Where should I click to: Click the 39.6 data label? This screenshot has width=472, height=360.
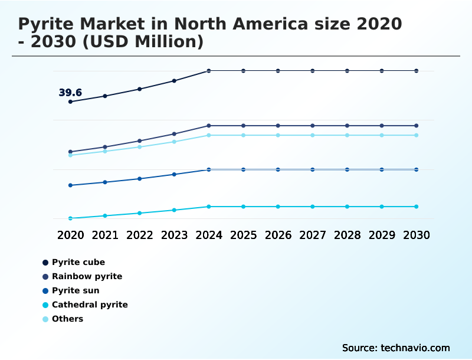pyautogui.click(x=70, y=93)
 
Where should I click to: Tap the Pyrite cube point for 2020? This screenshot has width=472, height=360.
pyautogui.click(x=70, y=102)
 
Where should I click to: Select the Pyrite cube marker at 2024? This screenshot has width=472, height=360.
pyautogui.click(x=209, y=71)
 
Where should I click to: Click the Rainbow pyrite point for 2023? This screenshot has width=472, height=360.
pyautogui.click(x=174, y=134)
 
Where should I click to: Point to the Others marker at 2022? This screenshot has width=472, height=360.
pyautogui.click(x=140, y=147)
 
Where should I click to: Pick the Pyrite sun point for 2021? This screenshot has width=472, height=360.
pyautogui.click(x=105, y=182)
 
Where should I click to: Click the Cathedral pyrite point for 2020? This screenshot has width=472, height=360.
pyautogui.click(x=70, y=218)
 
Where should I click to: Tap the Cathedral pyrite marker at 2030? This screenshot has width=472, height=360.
pyautogui.click(x=416, y=207)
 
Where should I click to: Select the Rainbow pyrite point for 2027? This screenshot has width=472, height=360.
pyautogui.click(x=313, y=126)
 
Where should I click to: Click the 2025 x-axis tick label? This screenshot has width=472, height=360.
pyautogui.click(x=243, y=235)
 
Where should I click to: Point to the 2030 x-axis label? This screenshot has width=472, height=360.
pyautogui.click(x=416, y=235)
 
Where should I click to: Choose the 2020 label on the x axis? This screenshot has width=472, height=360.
pyautogui.click(x=70, y=235)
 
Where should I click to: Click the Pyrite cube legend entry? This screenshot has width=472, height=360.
pyautogui.click(x=78, y=262)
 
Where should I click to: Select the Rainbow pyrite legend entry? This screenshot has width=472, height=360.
pyautogui.click(x=87, y=276)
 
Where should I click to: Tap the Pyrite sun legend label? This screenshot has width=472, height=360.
pyautogui.click(x=75, y=290)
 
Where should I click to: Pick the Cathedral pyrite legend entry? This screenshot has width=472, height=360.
pyautogui.click(x=89, y=305)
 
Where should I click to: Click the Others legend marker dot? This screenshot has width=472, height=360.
pyautogui.click(x=45, y=319)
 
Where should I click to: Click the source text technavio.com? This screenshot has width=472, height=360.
pyautogui.click(x=415, y=348)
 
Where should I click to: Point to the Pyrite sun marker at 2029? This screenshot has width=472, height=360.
pyautogui.click(x=382, y=169)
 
